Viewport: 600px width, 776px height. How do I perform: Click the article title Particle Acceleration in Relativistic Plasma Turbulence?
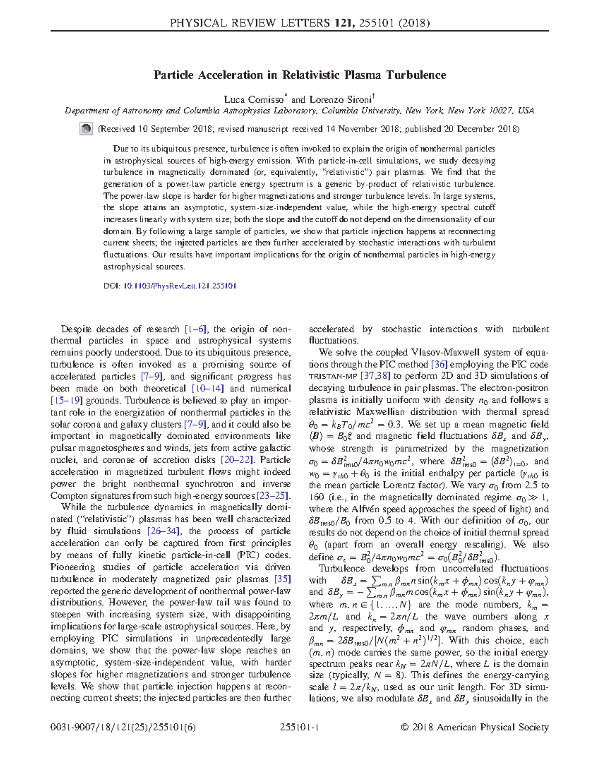[x=299, y=75]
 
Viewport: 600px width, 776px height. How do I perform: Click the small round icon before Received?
[x=86, y=129]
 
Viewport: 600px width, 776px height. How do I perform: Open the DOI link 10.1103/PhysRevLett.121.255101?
[x=180, y=286]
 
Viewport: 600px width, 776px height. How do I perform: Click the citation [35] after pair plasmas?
[x=282, y=579]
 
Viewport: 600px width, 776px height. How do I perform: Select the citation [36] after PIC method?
[x=439, y=365]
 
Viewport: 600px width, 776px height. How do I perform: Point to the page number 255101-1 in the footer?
[x=300, y=728]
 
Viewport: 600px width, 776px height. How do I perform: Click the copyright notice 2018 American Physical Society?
[x=475, y=728]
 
